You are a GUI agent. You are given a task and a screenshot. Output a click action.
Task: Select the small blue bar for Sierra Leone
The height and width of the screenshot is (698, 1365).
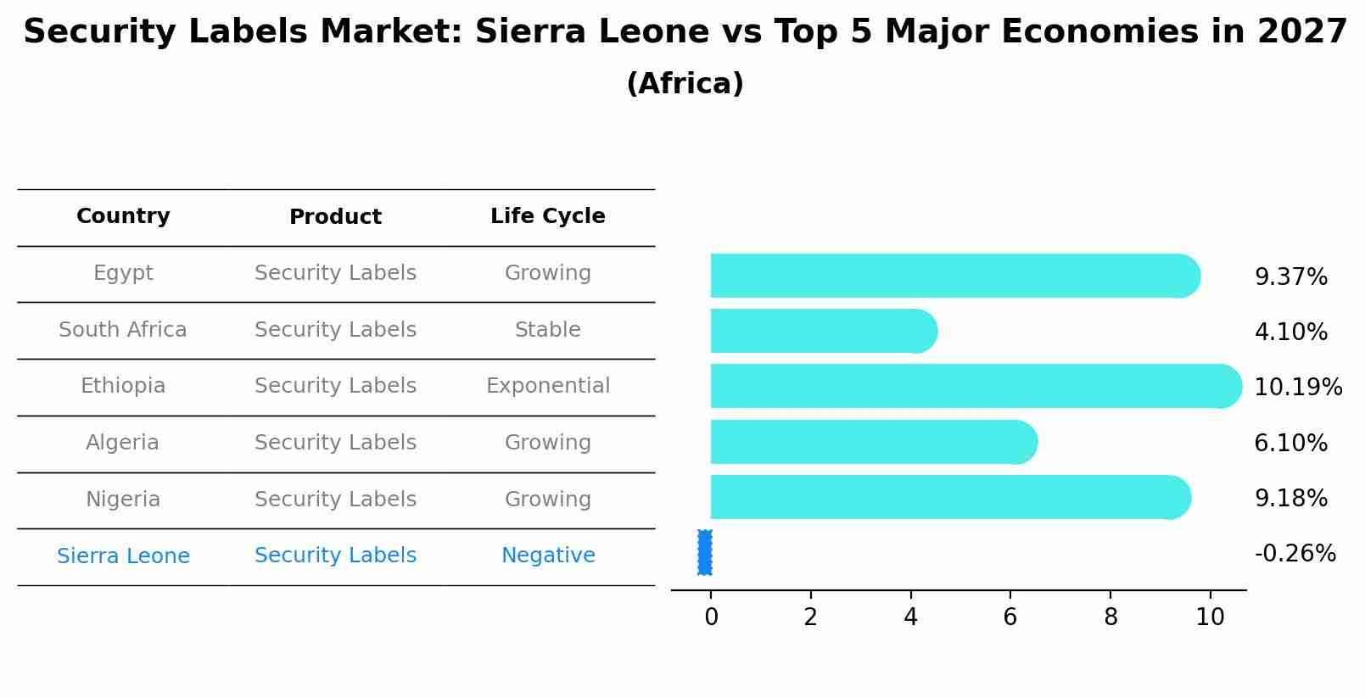pos(705,552)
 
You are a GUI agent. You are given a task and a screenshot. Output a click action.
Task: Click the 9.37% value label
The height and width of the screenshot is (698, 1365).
pos(1290,277)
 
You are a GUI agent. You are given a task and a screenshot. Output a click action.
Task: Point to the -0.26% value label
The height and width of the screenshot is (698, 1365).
pos(1295,554)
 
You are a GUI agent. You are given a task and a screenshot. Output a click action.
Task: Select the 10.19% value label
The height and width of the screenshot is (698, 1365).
pos(1298,388)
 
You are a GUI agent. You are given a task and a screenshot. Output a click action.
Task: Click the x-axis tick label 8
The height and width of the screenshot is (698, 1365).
pos(1110,617)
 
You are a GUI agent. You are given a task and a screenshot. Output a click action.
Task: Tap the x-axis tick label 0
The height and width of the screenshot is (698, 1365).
pos(711,617)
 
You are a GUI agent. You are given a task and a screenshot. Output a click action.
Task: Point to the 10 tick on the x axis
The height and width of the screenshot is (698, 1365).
pos(1210,617)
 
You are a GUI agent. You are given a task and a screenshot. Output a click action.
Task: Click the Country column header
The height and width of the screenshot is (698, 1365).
pos(123,216)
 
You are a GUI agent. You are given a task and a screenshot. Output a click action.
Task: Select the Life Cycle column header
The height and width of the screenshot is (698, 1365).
pos(548,216)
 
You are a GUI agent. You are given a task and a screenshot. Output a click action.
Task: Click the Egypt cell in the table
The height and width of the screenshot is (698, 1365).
pos(123,273)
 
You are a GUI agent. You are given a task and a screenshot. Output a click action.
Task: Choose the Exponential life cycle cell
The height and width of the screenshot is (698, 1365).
pos(548,386)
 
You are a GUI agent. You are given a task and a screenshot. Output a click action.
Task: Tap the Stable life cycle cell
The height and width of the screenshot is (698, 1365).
pos(548,330)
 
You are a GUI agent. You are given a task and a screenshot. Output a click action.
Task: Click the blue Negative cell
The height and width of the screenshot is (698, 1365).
pos(548,556)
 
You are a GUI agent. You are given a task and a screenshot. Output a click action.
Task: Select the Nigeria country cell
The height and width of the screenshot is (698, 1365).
pos(123,500)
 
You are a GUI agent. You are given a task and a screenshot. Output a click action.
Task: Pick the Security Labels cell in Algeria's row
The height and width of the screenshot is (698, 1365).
pos(335,443)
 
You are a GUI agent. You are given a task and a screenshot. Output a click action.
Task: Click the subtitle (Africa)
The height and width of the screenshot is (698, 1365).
pos(685,84)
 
